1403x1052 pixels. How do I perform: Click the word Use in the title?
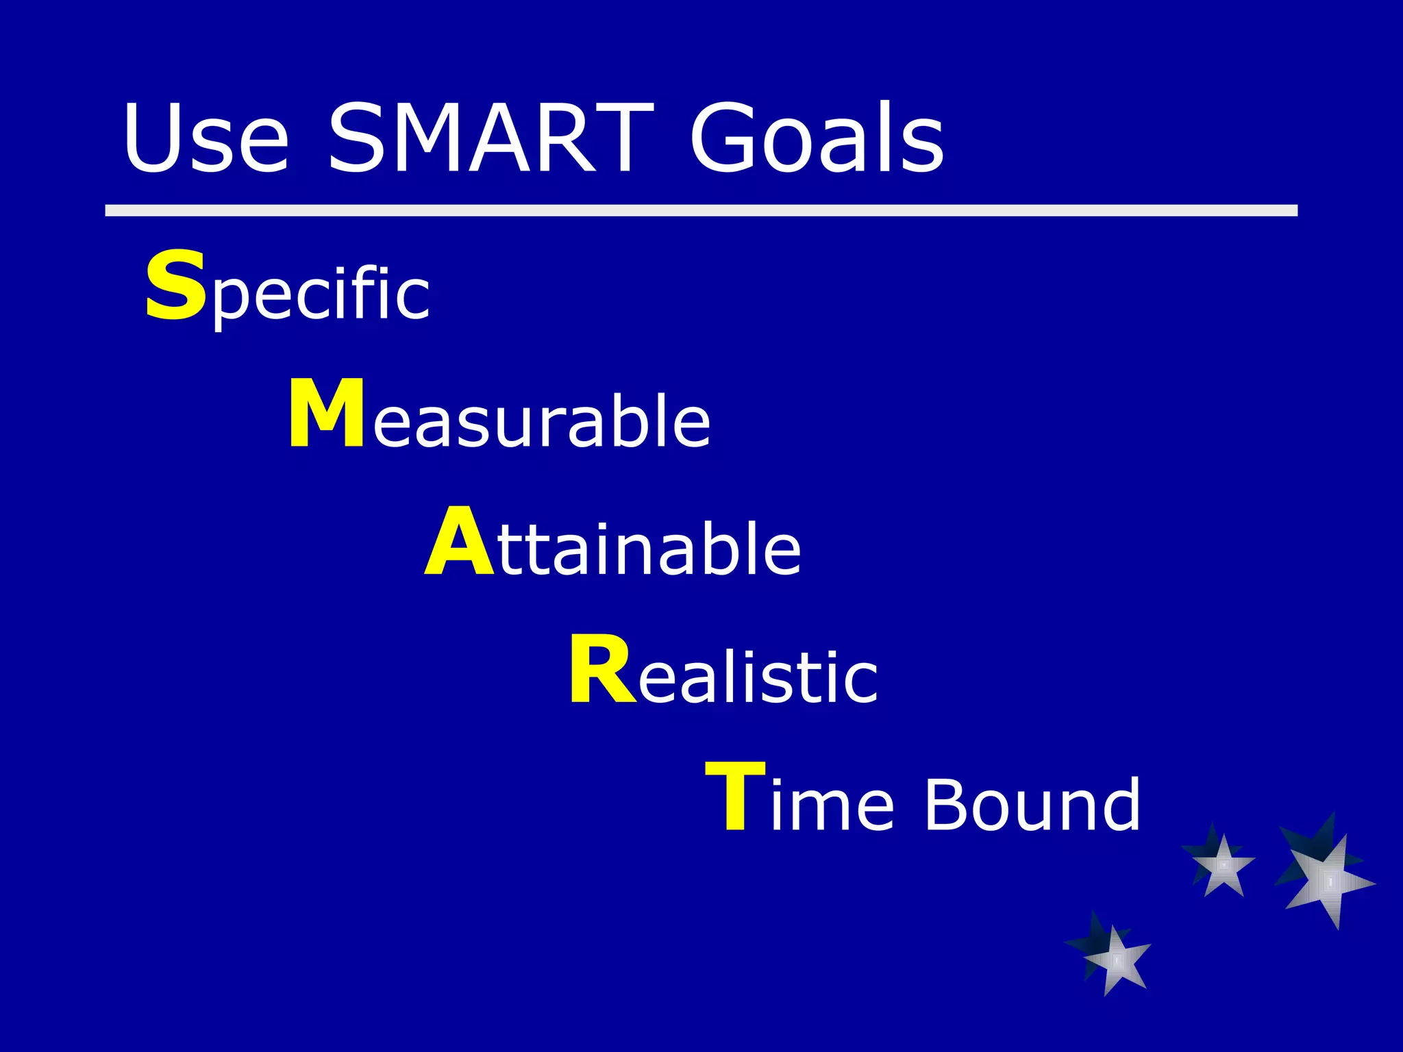(x=206, y=138)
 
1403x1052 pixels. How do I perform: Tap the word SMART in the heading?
(x=491, y=138)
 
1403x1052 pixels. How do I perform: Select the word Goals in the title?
(x=817, y=138)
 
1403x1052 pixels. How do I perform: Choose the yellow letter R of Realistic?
(x=601, y=670)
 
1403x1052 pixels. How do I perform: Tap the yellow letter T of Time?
(x=734, y=797)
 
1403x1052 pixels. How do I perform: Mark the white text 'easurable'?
(x=541, y=422)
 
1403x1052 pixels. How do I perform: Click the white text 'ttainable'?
(x=649, y=549)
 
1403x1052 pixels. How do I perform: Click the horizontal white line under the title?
(x=701, y=210)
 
